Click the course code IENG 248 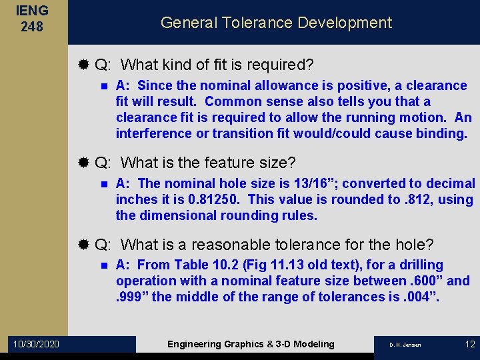(33, 19)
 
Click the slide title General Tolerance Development (276, 23)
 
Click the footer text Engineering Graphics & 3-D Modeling (251, 344)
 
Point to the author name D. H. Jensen (405, 345)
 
